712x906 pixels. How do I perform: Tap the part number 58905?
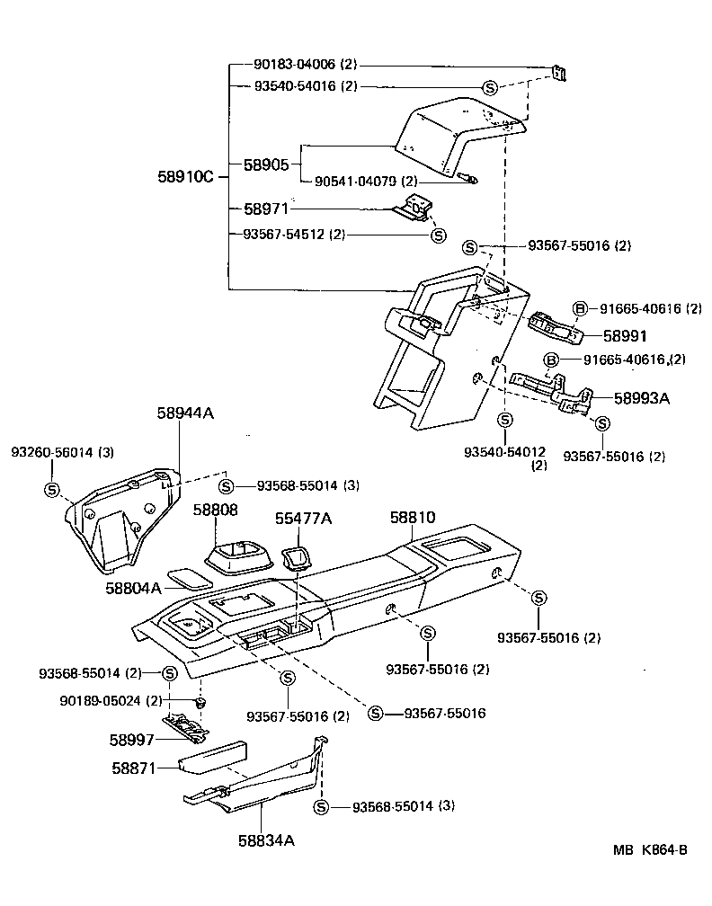pyautogui.click(x=265, y=165)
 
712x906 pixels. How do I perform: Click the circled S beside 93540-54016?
pyautogui.click(x=490, y=87)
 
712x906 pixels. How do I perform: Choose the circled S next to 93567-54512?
pyautogui.click(x=438, y=235)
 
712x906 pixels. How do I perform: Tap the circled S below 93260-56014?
pyautogui.click(x=51, y=490)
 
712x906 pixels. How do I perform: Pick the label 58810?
pyautogui.click(x=413, y=518)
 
